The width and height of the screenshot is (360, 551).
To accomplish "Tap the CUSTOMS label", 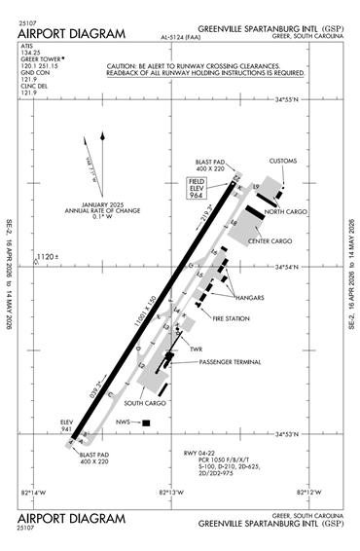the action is point(283,160).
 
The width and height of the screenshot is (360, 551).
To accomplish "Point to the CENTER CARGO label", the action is point(270,240).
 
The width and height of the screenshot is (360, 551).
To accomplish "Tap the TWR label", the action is point(195,349).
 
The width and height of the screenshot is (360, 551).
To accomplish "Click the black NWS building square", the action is point(146,422).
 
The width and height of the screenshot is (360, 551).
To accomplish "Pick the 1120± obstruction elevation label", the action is point(47,257).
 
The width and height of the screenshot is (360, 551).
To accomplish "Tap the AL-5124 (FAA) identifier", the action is point(171,40).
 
